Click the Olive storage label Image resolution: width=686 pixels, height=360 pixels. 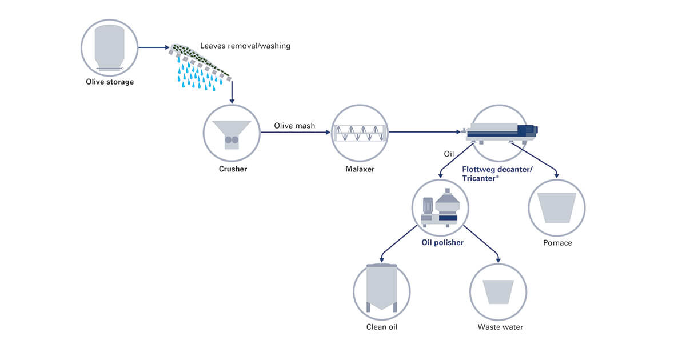tap(109, 82)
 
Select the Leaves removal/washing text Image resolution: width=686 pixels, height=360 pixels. tap(245, 46)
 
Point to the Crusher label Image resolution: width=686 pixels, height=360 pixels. tap(233, 169)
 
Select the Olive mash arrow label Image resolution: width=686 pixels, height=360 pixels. tap(295, 126)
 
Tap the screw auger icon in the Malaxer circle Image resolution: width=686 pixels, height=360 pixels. tap(360, 133)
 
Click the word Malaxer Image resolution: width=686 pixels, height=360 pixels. tap(360, 169)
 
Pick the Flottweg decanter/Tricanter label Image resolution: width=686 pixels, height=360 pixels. tap(497, 173)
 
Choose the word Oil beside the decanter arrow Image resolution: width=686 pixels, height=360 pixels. tap(449, 154)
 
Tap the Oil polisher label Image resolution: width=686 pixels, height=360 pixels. tap(440, 242)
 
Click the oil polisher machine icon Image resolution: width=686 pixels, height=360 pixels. tap(440, 209)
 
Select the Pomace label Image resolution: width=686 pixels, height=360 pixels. tap(557, 243)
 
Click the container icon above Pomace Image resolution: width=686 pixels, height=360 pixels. tap(557, 207)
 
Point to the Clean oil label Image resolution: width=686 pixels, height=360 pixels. tap(382, 327)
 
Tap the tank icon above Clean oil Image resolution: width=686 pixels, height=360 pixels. tap(381, 289)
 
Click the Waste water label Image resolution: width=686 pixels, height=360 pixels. tap(500, 327)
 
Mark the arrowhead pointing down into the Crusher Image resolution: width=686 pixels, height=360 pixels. tap(232, 101)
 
